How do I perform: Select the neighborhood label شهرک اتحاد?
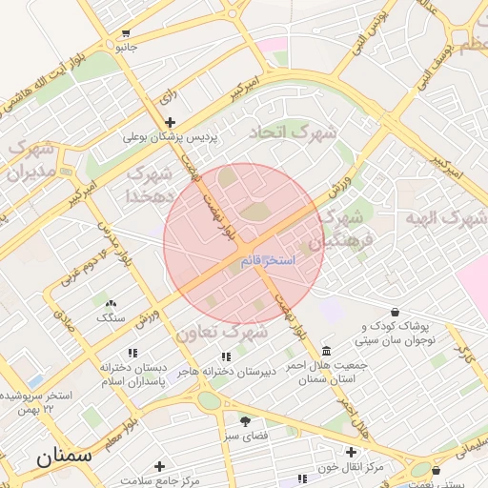(292, 133)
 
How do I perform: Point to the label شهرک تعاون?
(221, 334)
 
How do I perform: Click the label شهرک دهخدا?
(150, 185)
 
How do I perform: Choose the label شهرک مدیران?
(30, 161)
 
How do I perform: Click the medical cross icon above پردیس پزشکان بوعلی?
(170, 121)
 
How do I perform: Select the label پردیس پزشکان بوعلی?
(170, 137)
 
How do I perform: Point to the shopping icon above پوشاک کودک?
(396, 311)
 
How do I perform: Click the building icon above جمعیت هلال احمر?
(327, 351)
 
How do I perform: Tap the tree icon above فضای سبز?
(245, 419)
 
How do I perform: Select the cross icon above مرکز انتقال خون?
(352, 451)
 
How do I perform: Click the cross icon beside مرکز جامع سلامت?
(159, 466)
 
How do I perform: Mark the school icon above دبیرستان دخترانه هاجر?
(226, 356)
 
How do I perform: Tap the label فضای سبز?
(244, 436)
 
